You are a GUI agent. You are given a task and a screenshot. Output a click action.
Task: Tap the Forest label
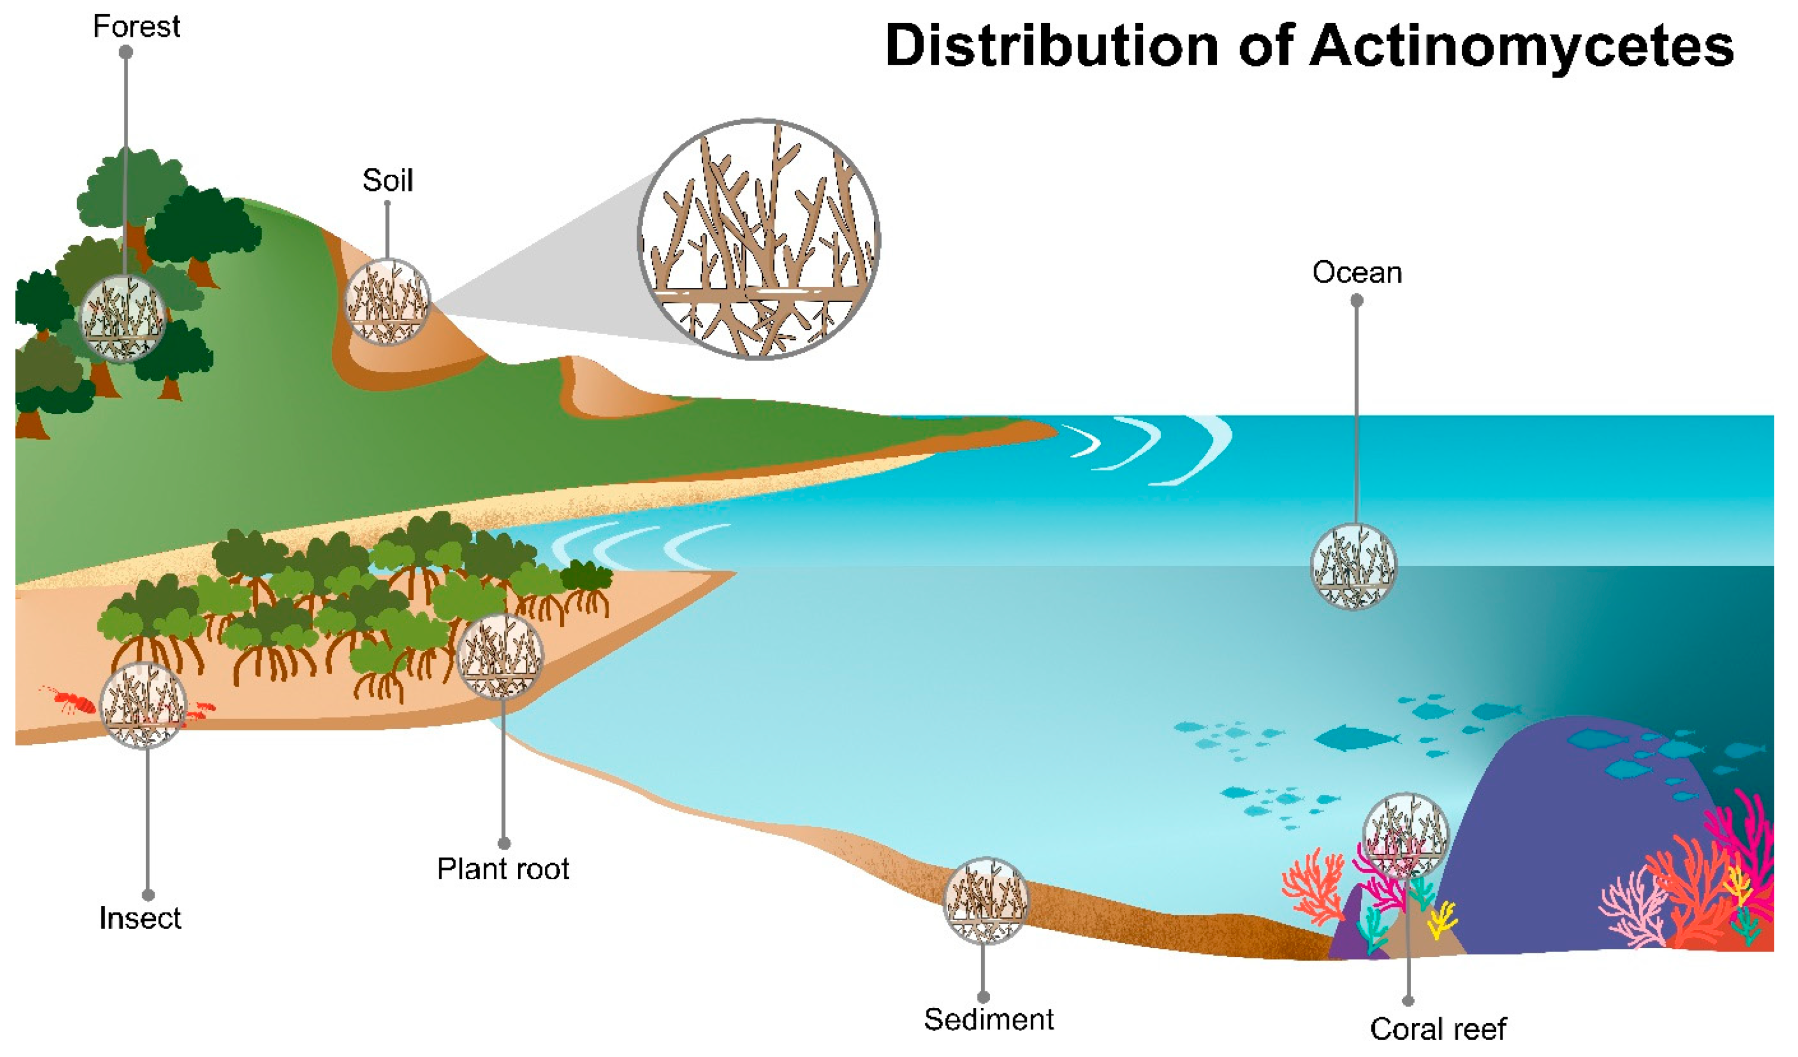[x=136, y=27]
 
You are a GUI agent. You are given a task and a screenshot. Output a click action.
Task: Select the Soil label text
[x=388, y=181]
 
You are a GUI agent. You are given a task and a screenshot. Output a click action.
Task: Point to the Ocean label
[x=1356, y=273]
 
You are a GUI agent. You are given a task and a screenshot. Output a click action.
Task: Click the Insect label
[x=140, y=918]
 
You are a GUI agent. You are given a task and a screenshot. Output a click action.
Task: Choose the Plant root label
[x=503, y=869]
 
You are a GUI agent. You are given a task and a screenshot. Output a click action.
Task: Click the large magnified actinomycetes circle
[x=758, y=239]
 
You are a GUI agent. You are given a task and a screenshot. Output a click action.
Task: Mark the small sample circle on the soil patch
[x=388, y=301]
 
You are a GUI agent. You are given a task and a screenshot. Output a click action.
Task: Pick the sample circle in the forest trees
[x=123, y=318]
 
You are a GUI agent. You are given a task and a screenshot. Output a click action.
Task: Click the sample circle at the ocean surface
[x=1353, y=567]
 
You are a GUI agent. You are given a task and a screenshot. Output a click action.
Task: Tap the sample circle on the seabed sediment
[x=985, y=901]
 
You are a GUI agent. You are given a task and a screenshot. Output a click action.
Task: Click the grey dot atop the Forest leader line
[x=126, y=52]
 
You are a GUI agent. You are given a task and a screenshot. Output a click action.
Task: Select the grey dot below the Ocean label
[x=1356, y=301]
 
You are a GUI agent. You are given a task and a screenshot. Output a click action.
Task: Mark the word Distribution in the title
[x=1052, y=47]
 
